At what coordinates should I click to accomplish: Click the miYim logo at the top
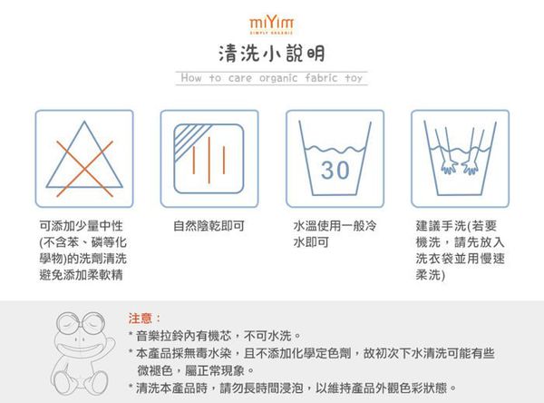coord(271,19)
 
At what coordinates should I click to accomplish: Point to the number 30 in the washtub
coord(335,170)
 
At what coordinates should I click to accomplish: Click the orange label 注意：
coord(146,318)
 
